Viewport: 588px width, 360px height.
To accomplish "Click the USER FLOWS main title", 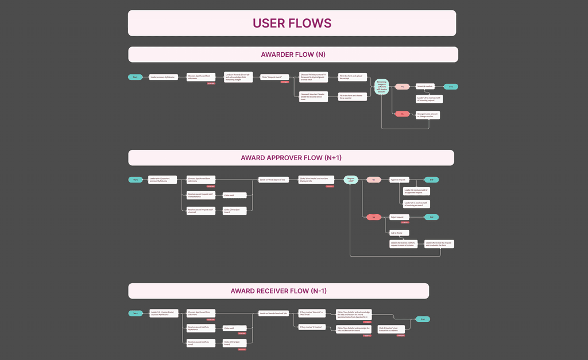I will pyautogui.click(x=292, y=23).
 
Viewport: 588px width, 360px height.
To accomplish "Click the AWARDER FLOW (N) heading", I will pyautogui.click(x=293, y=55).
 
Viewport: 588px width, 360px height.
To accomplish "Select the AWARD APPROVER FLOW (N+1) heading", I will pyautogui.click(x=291, y=158).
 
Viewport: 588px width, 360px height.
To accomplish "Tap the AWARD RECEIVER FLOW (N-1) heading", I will pyautogui.click(x=278, y=291).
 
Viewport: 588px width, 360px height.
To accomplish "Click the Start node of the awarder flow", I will pyautogui.click(x=135, y=76).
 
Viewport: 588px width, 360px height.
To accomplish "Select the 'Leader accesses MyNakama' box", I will pyautogui.click(x=163, y=76).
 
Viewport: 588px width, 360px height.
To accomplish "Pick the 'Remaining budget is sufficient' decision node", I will pyautogui.click(x=382, y=87).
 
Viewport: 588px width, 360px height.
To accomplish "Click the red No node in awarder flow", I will pyautogui.click(x=402, y=114).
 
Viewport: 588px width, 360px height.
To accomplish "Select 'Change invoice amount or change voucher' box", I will pyautogui.click(x=427, y=114).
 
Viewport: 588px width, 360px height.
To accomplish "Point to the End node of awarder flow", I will pyautogui.click(x=451, y=87).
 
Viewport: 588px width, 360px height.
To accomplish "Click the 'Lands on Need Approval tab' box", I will pyautogui.click(x=272, y=180).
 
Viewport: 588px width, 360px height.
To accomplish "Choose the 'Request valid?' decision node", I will pyautogui.click(x=350, y=180).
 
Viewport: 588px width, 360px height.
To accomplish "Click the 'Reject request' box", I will pyautogui.click(x=400, y=217).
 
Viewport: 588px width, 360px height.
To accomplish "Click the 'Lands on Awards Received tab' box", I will pyautogui.click(x=273, y=313).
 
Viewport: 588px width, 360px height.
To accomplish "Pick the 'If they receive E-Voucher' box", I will pyautogui.click(x=311, y=327).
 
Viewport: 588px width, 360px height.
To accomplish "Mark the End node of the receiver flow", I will pyautogui.click(x=423, y=319).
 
